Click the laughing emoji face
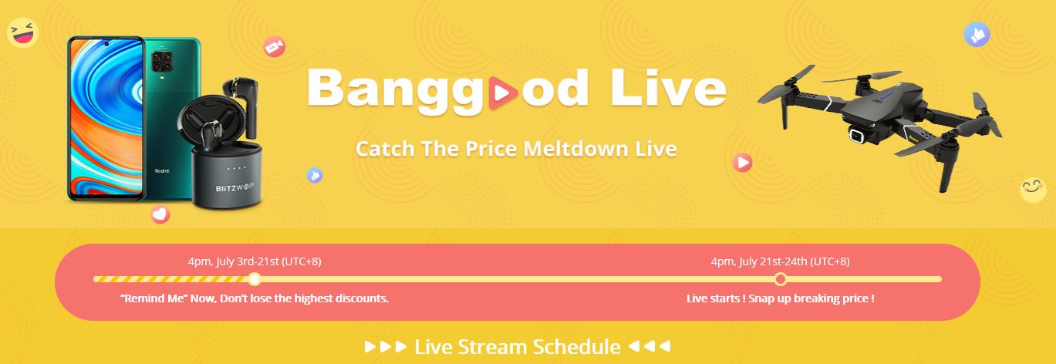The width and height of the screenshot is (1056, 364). pos(22,32)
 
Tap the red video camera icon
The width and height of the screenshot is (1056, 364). pos(275,46)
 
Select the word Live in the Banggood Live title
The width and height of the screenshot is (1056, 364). pos(668,88)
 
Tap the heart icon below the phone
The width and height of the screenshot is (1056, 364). pos(160,214)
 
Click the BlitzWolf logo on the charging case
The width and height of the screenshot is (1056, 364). pos(234,187)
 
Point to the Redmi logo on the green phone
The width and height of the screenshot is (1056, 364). pos(162,170)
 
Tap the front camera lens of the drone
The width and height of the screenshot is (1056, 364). pos(856,135)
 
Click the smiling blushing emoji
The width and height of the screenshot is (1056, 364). pos(1033,190)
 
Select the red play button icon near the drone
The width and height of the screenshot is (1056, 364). pos(743,163)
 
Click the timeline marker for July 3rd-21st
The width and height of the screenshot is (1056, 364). pos(255,279)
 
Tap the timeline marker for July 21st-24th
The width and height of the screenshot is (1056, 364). pos(781,279)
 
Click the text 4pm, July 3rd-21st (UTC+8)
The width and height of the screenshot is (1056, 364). pos(255,261)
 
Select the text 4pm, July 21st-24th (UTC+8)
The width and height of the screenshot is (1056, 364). pos(780,261)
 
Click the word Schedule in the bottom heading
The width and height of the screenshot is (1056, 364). pos(576,347)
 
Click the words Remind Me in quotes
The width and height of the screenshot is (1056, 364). pos(154,298)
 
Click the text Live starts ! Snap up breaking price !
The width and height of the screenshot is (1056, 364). pos(780,298)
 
